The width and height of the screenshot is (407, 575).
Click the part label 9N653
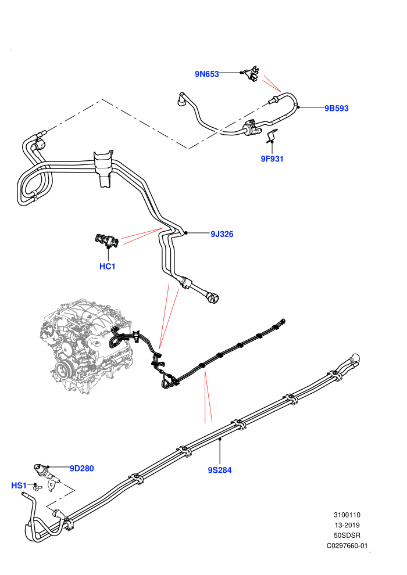(206, 74)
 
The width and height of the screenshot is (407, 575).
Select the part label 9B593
(336, 108)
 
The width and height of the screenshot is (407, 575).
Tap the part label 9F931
(272, 159)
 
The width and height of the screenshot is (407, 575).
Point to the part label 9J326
(222, 234)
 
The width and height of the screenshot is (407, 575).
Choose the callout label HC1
(108, 266)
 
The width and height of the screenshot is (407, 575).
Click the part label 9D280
(82, 468)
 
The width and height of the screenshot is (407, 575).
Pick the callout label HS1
(19, 486)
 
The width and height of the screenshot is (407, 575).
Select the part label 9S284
(219, 470)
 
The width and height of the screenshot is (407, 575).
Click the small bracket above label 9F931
(272, 135)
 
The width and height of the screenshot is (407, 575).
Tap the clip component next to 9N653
(252, 74)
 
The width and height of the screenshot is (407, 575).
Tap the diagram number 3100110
(347, 515)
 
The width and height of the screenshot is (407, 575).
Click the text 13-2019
(347, 525)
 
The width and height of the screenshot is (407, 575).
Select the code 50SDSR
(347, 536)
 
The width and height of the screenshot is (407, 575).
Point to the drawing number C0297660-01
(347, 545)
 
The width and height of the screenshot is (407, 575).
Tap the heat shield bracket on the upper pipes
(103, 168)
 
